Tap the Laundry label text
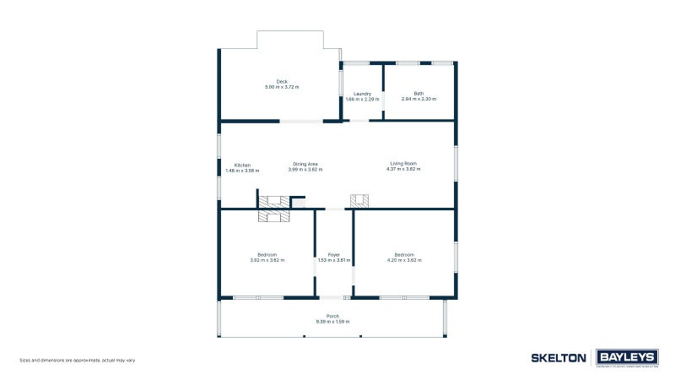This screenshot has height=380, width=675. click(x=363, y=94)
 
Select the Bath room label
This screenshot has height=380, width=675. click(x=418, y=94)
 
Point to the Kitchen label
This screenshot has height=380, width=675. click(x=242, y=165)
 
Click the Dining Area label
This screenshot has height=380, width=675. click(x=305, y=165)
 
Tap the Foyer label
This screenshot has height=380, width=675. click(x=333, y=255)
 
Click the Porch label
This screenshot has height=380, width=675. click(x=332, y=317)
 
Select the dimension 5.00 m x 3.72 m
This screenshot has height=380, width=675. click(x=282, y=88)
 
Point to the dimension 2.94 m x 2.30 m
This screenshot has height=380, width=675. click(x=418, y=100)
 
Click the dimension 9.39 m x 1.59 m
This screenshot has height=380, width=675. click(x=332, y=322)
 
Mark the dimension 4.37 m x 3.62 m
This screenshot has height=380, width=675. click(x=403, y=170)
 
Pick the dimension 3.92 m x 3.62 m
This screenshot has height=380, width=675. click(x=267, y=260)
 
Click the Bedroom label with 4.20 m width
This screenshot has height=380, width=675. click(x=404, y=255)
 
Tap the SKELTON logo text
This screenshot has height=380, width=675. click(x=558, y=358)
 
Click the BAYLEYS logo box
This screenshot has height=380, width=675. click(x=626, y=357)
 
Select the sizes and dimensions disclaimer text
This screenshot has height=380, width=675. click(x=77, y=361)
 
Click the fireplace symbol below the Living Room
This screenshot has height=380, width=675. click(x=360, y=201)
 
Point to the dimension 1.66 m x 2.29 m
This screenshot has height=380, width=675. click(x=363, y=100)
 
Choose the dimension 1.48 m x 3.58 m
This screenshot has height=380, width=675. click(x=242, y=171)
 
